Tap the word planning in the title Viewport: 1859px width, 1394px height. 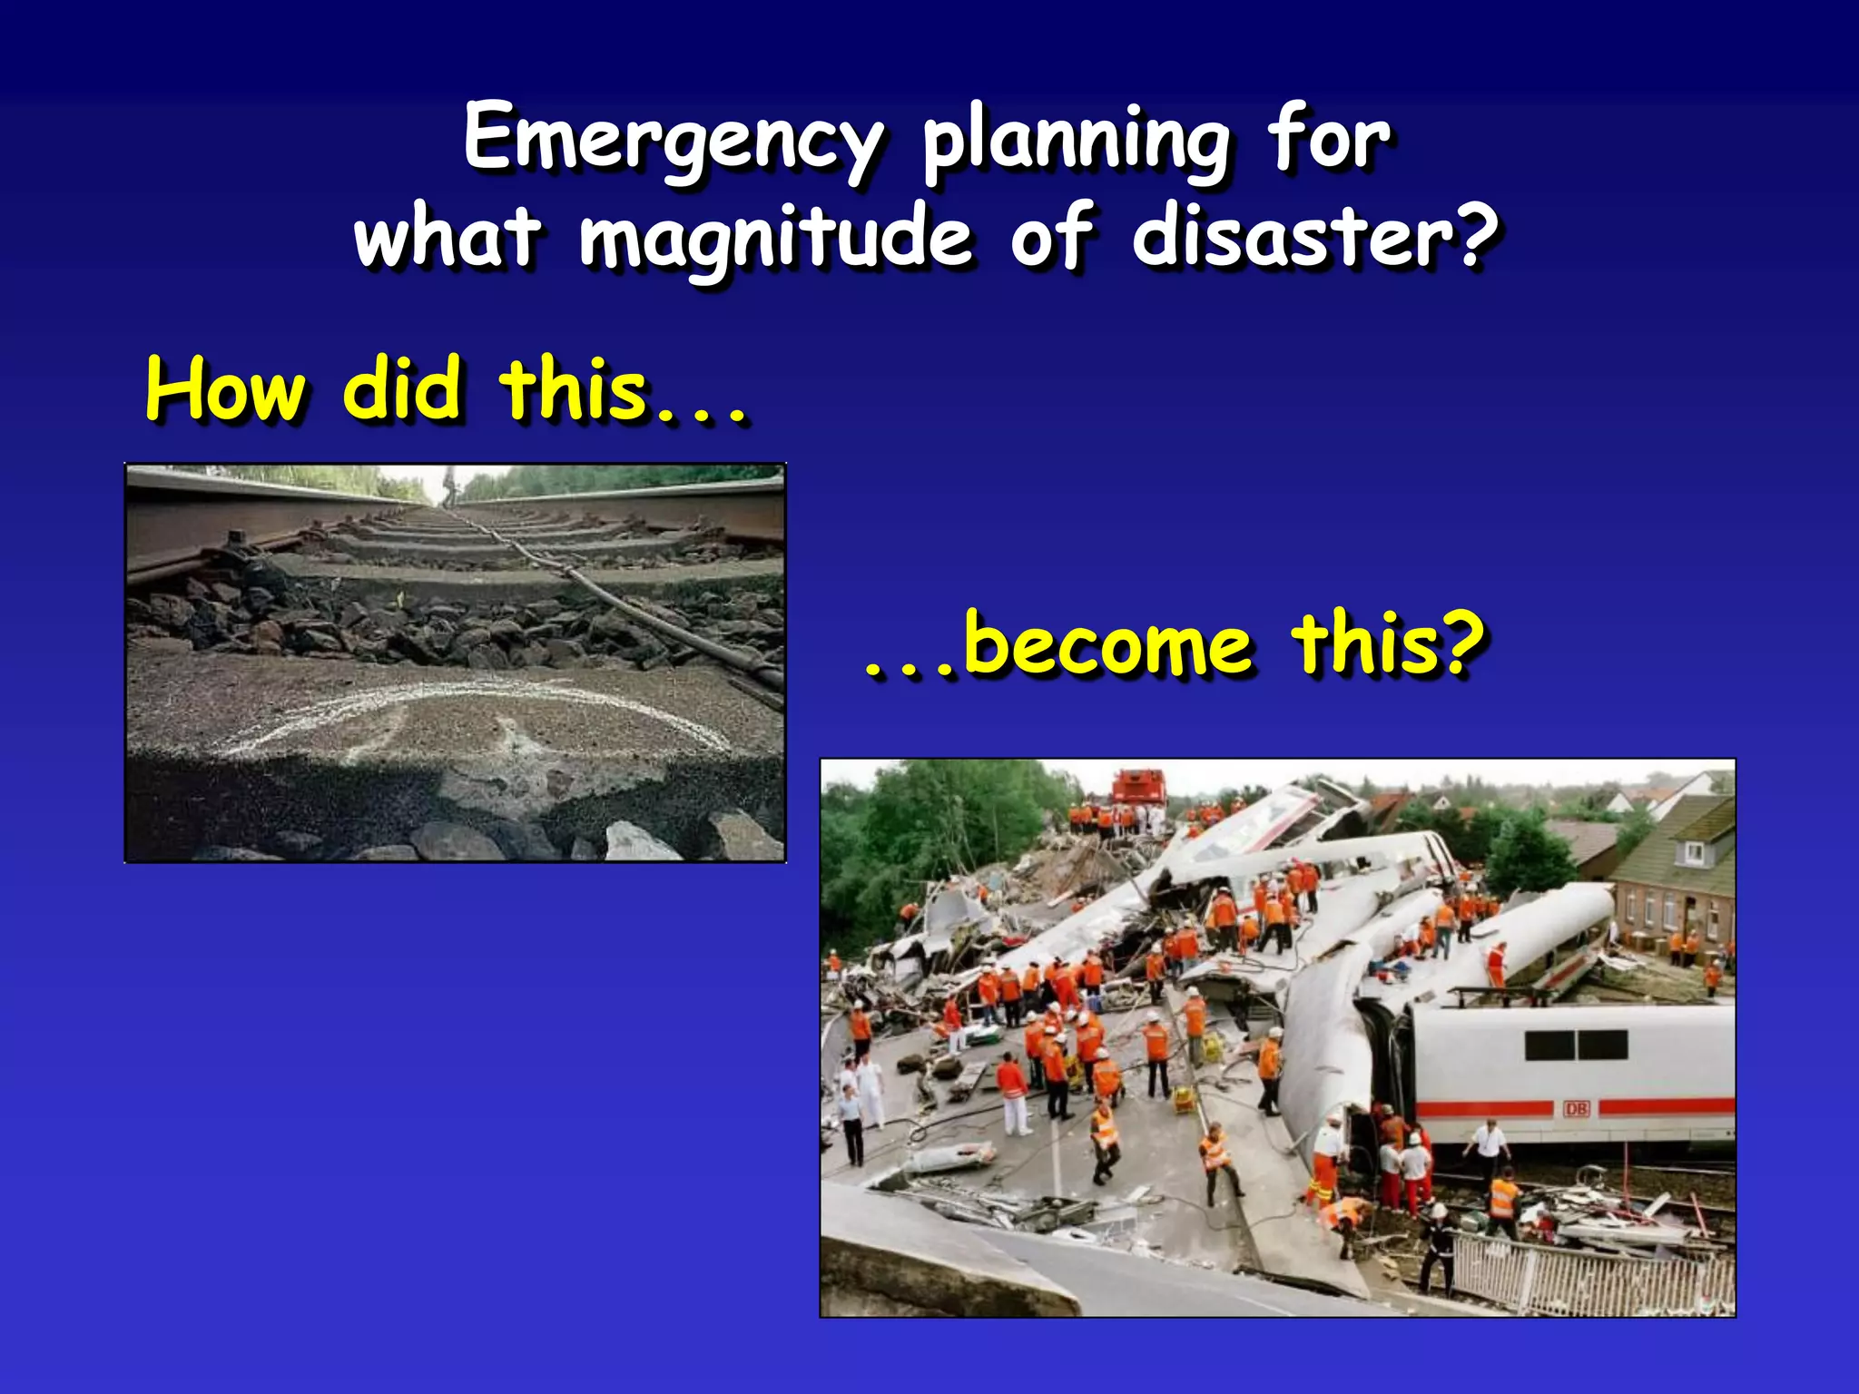tap(1076, 141)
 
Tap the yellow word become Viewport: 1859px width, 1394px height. tap(1107, 644)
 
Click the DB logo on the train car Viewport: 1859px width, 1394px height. tap(1576, 1108)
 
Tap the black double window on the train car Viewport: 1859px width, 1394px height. tap(1576, 1044)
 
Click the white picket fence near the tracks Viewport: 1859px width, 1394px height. tap(1589, 1271)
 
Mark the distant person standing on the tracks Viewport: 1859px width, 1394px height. tap(447, 486)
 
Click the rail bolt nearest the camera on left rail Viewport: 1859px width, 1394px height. tap(234, 545)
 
